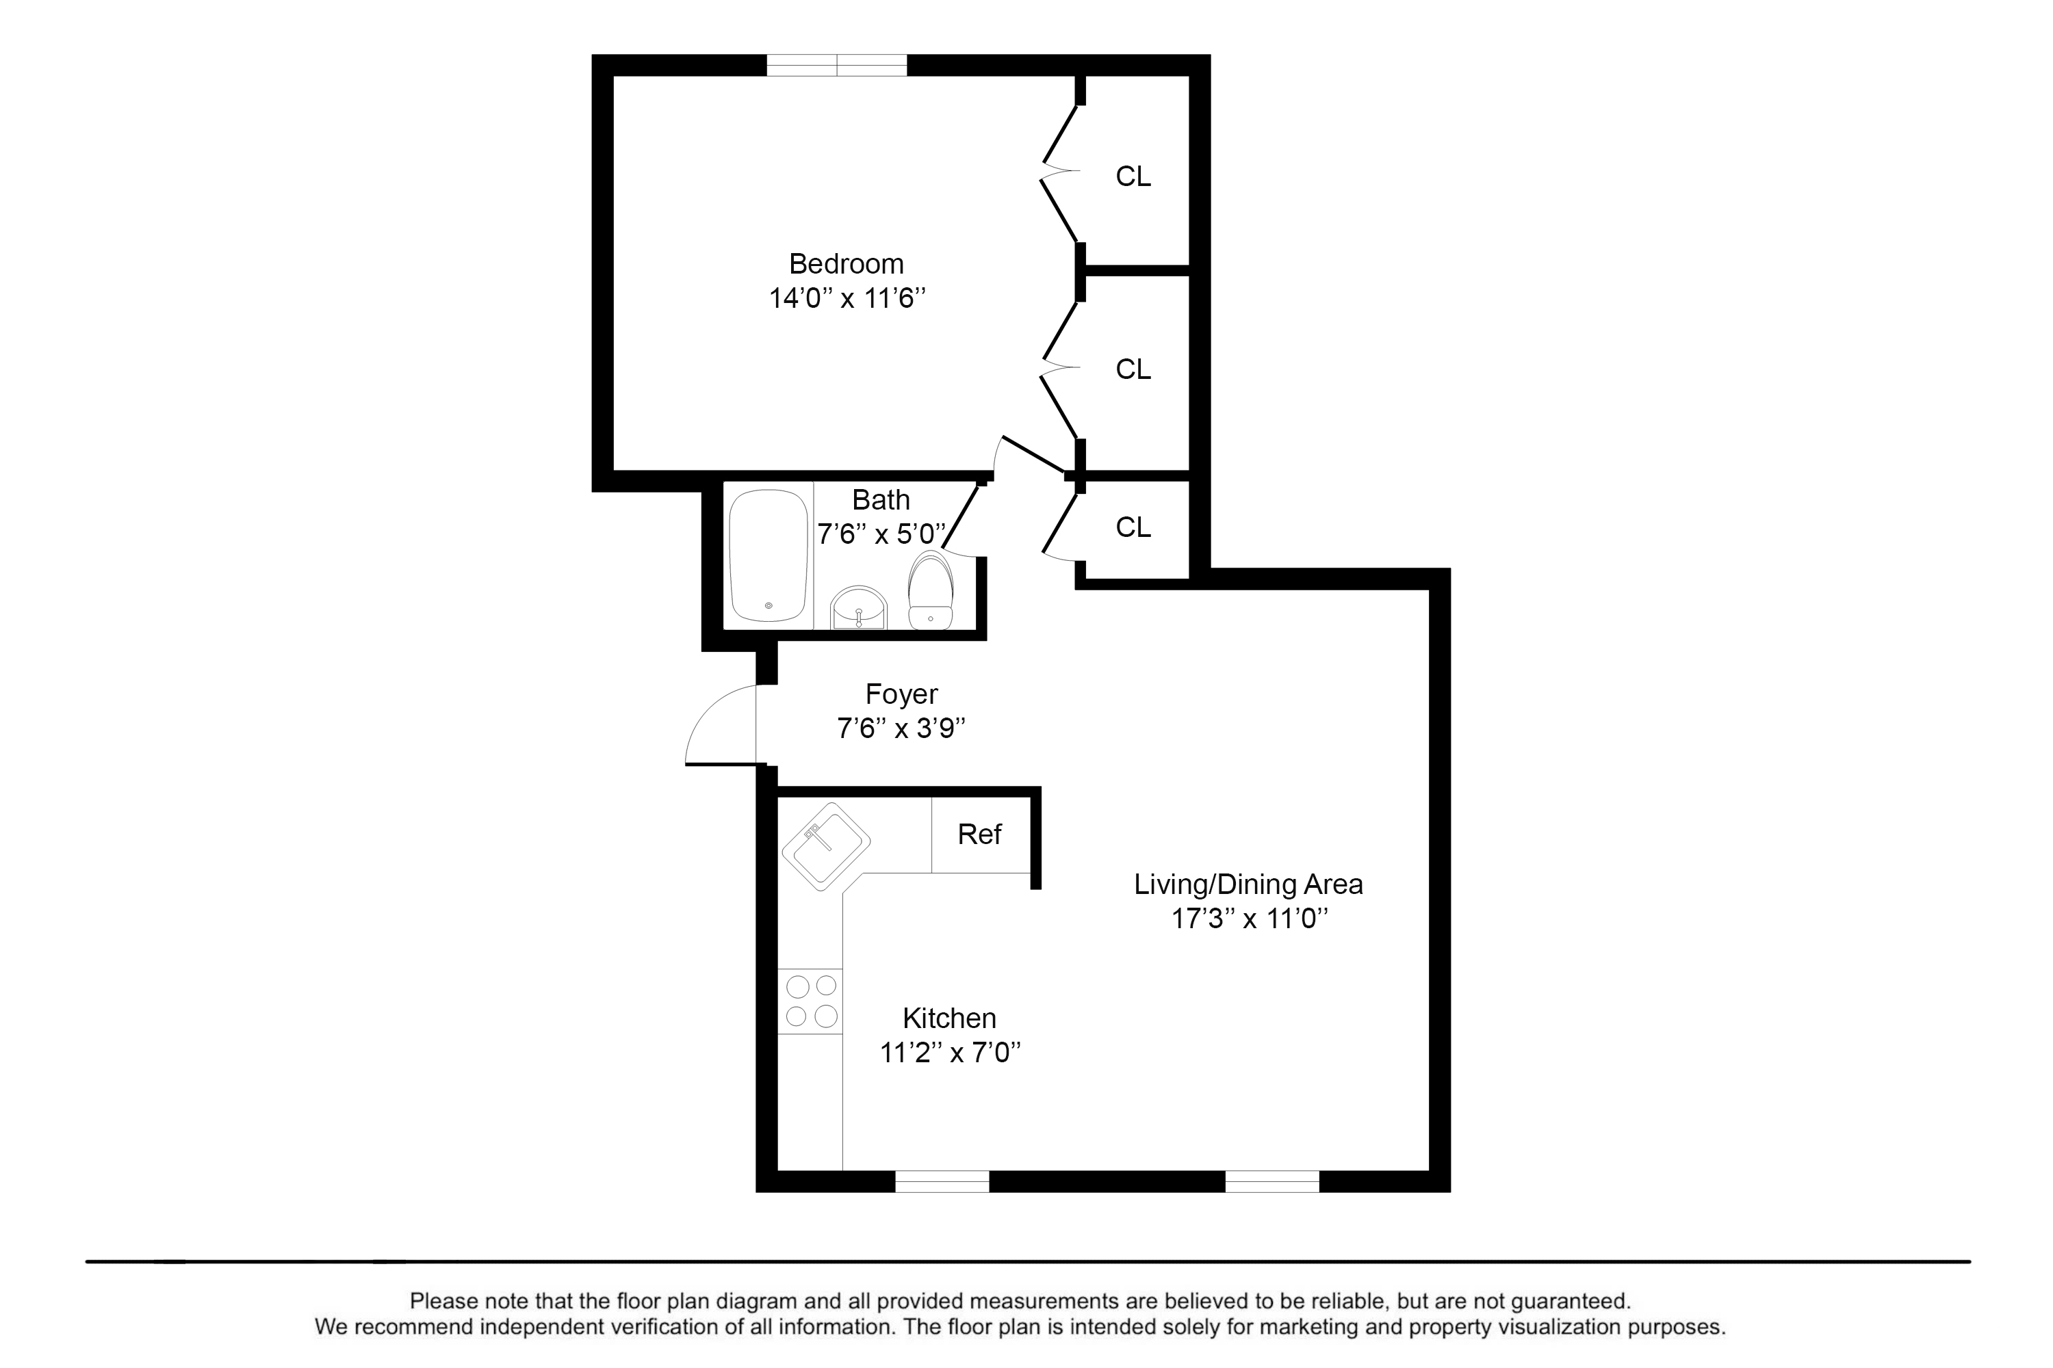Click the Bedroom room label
click(x=846, y=263)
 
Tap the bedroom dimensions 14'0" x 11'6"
click(x=847, y=298)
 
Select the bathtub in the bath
click(x=768, y=555)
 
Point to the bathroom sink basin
click(x=859, y=607)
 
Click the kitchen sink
click(x=826, y=846)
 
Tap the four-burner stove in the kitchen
click(x=811, y=1001)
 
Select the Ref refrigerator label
click(x=979, y=834)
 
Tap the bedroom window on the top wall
click(x=837, y=66)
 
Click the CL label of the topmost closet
click(x=1133, y=176)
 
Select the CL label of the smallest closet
click(x=1133, y=527)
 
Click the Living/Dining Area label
click(x=1248, y=884)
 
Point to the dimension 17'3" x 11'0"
click(x=1249, y=918)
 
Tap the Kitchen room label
click(x=950, y=1018)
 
